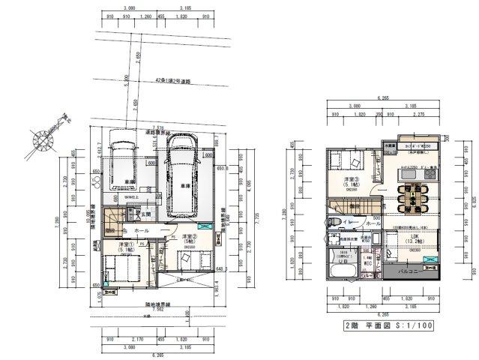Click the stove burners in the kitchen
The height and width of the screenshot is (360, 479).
[431, 172]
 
